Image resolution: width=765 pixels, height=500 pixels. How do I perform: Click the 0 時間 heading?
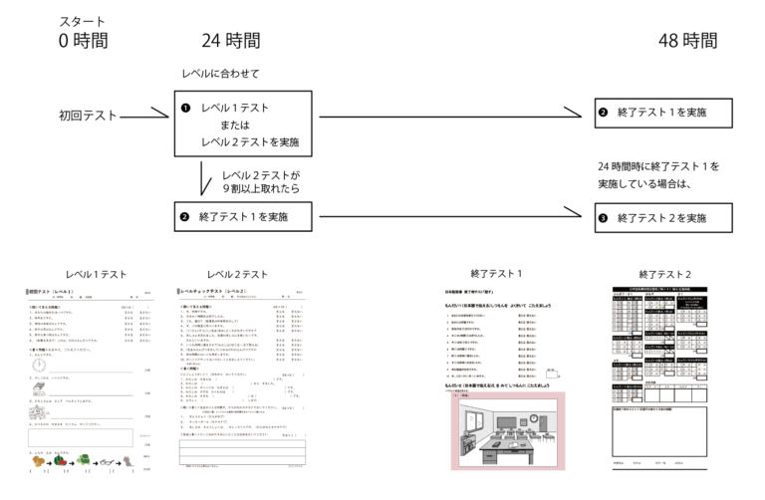(83, 41)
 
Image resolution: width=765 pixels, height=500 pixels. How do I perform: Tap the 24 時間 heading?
(230, 41)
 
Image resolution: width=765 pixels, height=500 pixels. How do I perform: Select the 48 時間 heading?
(686, 41)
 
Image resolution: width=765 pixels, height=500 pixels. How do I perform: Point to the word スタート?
(82, 21)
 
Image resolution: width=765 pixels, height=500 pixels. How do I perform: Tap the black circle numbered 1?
(184, 108)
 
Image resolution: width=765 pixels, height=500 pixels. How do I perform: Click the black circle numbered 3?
(603, 217)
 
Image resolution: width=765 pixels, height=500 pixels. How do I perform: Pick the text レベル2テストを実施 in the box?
(249, 142)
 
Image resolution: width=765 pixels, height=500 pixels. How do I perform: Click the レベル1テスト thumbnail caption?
(96, 274)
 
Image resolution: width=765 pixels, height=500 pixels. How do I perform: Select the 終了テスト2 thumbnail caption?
(664, 274)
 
